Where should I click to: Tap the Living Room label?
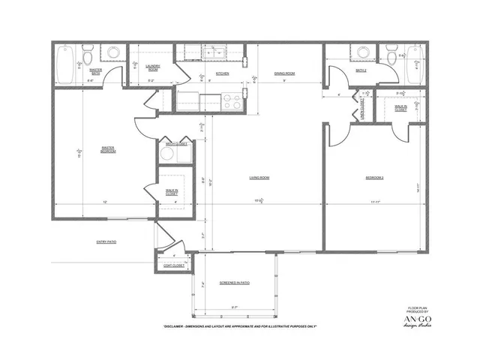259,178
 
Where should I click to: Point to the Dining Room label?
284,73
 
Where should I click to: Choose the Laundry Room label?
153,67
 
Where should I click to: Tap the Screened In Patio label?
235,283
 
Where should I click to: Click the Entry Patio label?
107,241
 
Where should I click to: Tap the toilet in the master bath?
88,56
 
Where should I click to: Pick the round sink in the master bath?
114,53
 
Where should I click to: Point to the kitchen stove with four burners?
232,100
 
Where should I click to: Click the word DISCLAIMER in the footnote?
180,327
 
